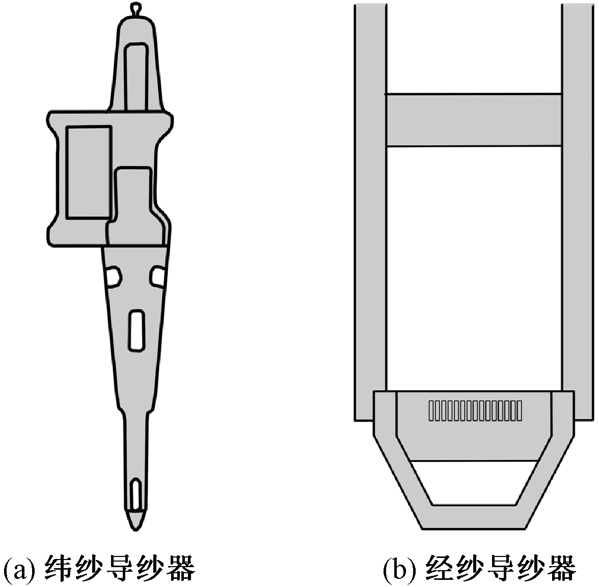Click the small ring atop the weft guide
pyautogui.click(x=134, y=9)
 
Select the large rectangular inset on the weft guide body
pyautogui.click(x=89, y=172)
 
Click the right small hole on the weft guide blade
pyautogui.click(x=157, y=276)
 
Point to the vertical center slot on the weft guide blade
pyautogui.click(x=135, y=329)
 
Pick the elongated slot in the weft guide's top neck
pyautogui.click(x=136, y=76)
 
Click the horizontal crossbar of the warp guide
pyautogui.click(x=474, y=120)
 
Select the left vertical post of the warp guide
pyautogui.click(x=370, y=204)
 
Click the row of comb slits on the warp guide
pyautogui.click(x=475, y=411)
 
